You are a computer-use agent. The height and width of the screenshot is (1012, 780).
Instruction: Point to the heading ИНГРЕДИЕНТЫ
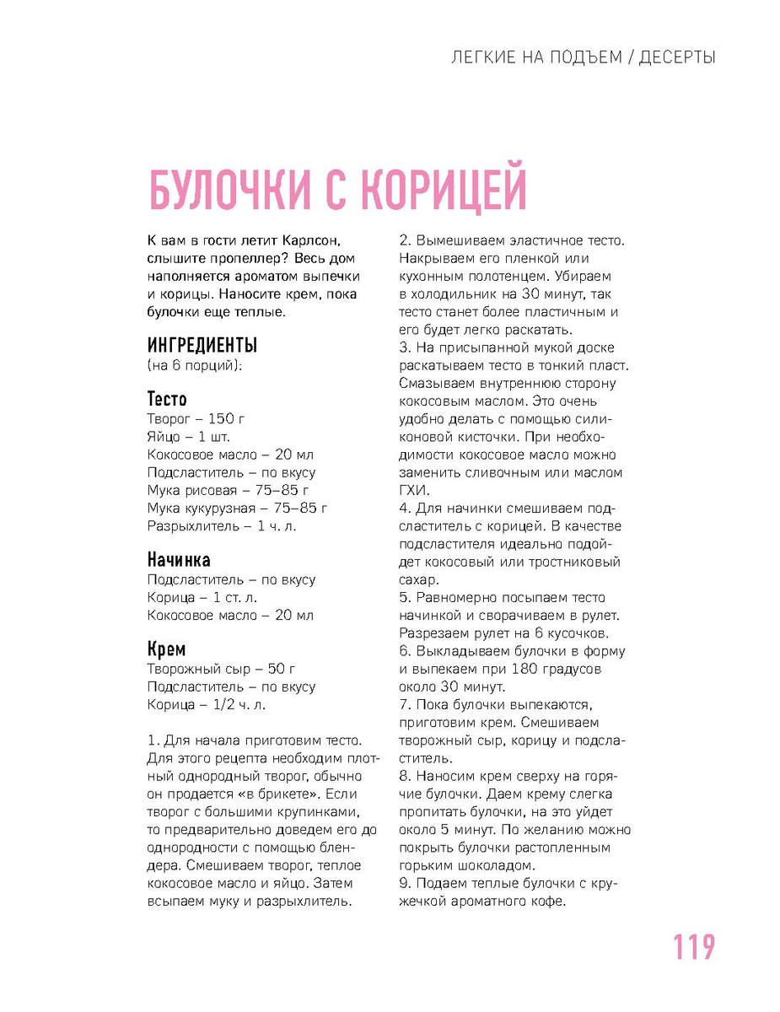(x=202, y=346)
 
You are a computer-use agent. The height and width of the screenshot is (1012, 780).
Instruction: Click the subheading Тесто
(x=167, y=399)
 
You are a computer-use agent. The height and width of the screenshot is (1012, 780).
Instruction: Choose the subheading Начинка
(x=179, y=560)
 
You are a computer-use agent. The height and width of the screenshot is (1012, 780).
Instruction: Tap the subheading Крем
(x=166, y=649)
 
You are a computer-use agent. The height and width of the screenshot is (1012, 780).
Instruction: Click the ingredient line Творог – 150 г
(x=196, y=418)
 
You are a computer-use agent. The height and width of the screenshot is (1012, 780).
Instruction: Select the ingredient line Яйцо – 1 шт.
(x=188, y=437)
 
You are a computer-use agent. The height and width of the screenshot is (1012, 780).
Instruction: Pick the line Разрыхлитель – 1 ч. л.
(x=222, y=526)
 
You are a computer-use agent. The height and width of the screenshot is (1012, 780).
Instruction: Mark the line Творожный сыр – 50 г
(x=221, y=669)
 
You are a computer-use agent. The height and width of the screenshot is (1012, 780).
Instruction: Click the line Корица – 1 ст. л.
(x=202, y=598)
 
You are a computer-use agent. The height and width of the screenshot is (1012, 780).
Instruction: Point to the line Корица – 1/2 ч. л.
(x=207, y=705)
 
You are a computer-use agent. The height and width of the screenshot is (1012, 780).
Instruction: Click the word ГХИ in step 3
(x=414, y=490)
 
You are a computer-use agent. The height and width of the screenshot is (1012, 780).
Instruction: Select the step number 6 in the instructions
(x=403, y=651)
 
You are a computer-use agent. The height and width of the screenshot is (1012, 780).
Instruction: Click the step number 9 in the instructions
(x=403, y=883)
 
